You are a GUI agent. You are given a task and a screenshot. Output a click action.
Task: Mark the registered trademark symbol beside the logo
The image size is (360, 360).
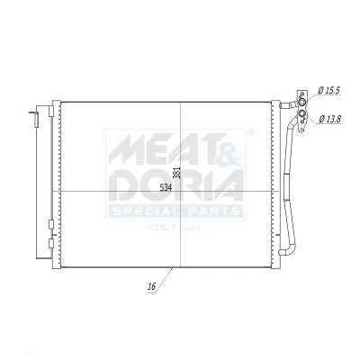click(249, 132)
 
